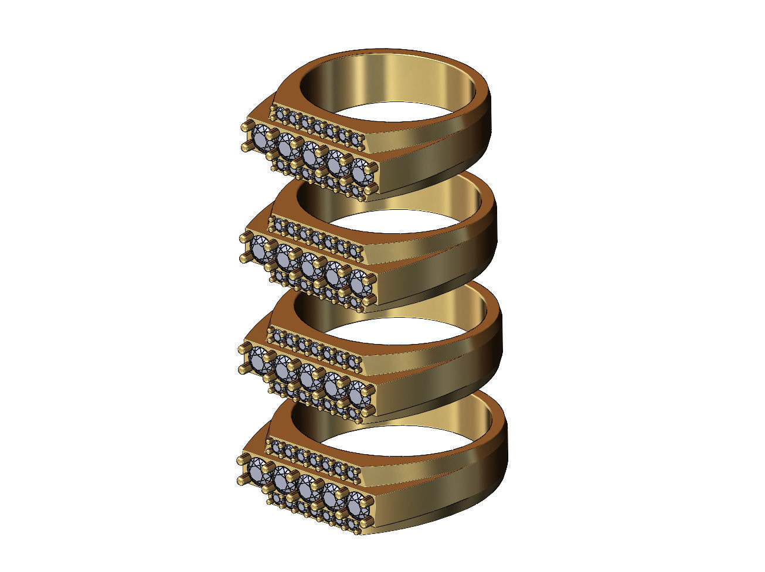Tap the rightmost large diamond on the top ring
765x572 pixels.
(x=362, y=172)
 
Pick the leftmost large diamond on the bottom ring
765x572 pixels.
(x=258, y=470)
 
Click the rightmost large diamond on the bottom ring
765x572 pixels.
(x=357, y=505)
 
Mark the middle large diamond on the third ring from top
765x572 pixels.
(x=308, y=376)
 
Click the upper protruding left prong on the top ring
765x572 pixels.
(x=244, y=127)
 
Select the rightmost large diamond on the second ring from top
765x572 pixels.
(x=359, y=284)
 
